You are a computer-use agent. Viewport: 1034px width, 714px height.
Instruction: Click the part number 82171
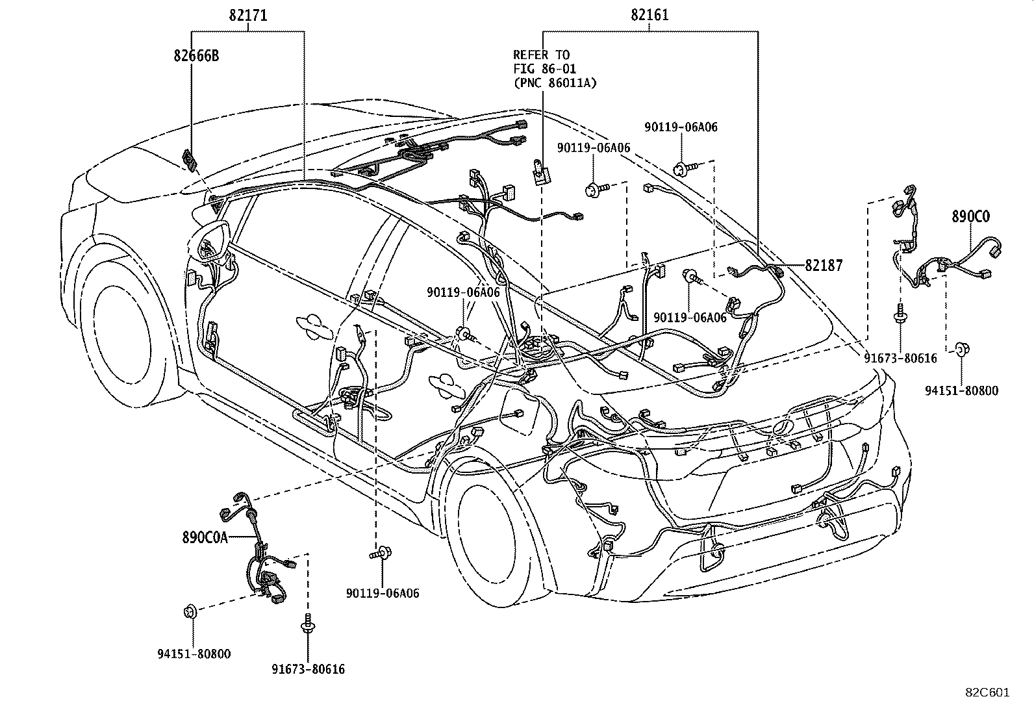247,16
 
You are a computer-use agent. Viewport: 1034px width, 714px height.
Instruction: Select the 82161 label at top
649,16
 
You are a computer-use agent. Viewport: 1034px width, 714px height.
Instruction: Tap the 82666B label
196,56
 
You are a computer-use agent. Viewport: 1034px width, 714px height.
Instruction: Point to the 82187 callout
824,265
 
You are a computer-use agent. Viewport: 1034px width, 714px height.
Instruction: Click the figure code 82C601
987,693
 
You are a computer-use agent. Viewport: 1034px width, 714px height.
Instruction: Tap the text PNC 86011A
555,83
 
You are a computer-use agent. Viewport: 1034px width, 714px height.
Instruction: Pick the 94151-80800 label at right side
962,390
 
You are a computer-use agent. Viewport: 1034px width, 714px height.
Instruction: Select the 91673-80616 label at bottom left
309,669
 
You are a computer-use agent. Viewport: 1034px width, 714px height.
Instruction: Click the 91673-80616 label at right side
901,358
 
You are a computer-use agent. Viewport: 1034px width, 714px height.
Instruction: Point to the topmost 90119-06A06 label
681,127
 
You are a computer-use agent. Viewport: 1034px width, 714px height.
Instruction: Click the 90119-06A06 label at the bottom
383,593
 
